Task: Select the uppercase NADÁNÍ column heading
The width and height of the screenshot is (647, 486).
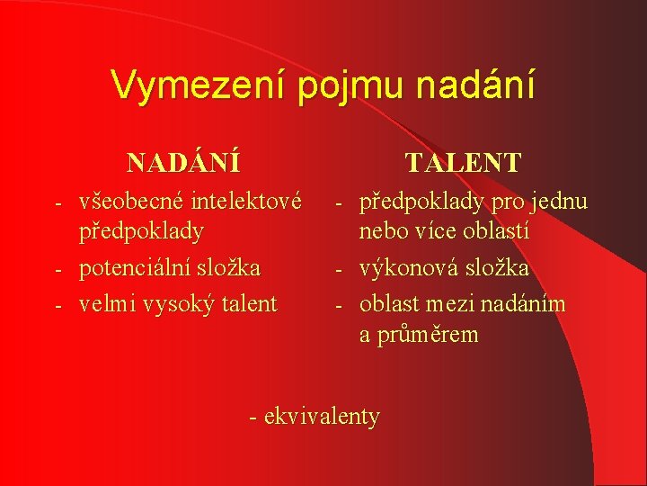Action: (x=184, y=163)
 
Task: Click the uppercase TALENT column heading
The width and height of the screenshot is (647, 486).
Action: (x=463, y=163)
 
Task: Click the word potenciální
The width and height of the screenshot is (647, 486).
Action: (x=136, y=268)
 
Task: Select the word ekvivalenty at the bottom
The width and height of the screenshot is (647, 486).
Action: (x=323, y=417)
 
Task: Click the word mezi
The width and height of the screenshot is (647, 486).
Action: (x=455, y=304)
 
